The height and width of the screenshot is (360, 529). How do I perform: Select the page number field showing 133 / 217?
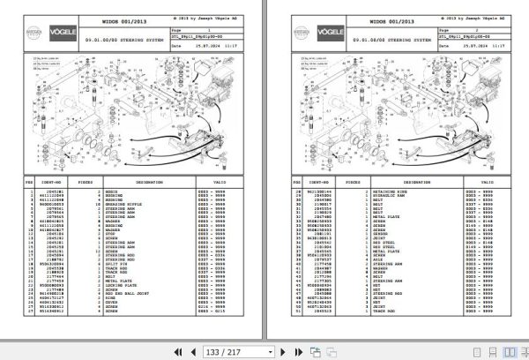click(239, 349)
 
